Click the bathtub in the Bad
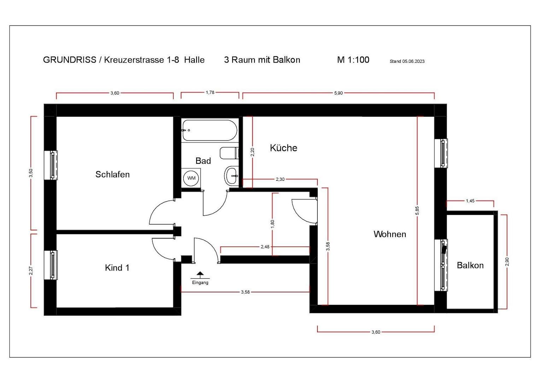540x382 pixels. click(x=209, y=130)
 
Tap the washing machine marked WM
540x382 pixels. click(x=191, y=178)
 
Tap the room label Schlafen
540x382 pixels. click(x=112, y=174)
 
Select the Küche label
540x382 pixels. click(x=283, y=148)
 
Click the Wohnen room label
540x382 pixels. click(x=389, y=234)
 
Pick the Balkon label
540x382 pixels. click(x=470, y=265)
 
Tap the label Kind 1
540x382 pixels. click(x=117, y=268)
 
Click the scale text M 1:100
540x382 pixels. click(x=353, y=60)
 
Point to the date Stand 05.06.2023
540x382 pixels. click(x=407, y=61)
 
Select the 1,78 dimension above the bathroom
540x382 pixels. click(x=210, y=93)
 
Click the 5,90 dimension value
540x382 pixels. click(x=338, y=93)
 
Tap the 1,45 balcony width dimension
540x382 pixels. click(x=470, y=201)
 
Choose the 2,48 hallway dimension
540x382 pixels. click(x=265, y=247)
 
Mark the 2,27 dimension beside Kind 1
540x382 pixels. click(x=31, y=271)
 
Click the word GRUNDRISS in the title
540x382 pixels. click(x=70, y=60)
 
